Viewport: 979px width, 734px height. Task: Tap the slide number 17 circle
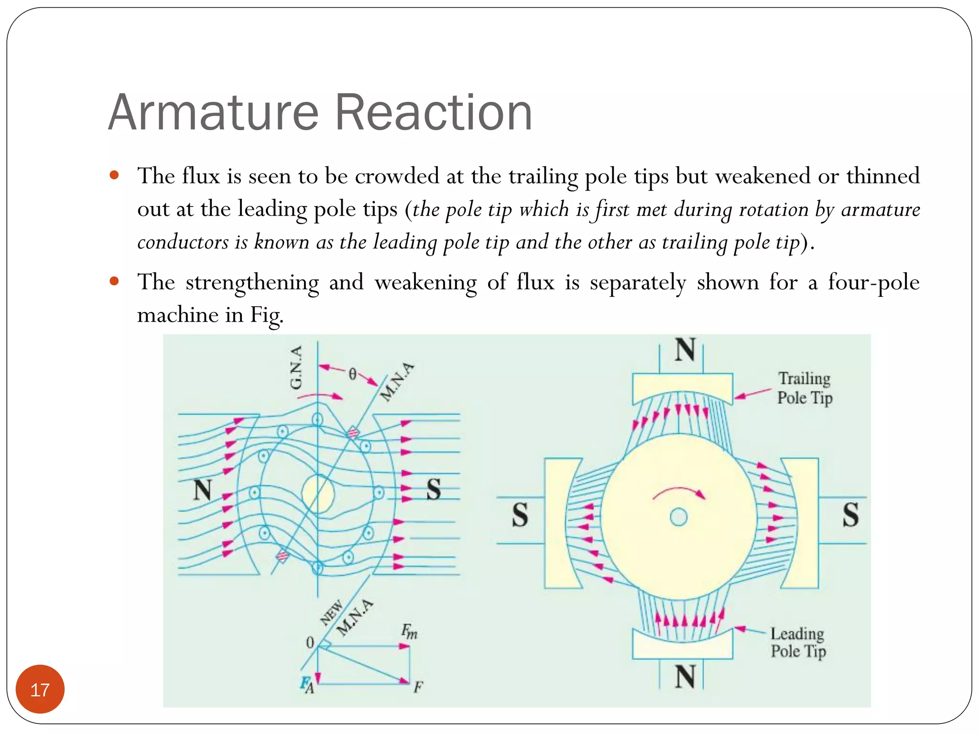40,689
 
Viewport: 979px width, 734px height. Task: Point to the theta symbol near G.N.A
352,374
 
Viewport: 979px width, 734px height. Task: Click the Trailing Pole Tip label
805,388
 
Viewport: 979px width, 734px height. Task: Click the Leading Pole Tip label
798,642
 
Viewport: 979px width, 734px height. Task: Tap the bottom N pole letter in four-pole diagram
685,676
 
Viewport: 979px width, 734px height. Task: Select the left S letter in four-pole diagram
520,515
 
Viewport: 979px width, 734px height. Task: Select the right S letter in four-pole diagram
850,515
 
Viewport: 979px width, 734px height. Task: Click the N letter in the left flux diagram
203,490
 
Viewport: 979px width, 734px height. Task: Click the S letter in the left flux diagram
433,489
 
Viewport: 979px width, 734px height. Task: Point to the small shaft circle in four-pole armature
679,517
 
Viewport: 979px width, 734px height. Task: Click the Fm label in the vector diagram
409,632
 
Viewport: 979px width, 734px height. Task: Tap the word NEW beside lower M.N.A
331,613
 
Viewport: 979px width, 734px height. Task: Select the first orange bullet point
114,175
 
